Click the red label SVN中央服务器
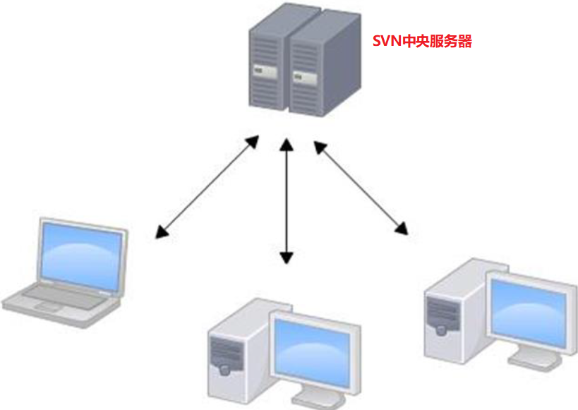click(422, 42)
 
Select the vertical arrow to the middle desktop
click(286, 200)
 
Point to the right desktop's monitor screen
click(529, 310)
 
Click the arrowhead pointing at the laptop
click(162, 231)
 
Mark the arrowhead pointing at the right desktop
click(402, 227)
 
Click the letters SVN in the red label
click(387, 42)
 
